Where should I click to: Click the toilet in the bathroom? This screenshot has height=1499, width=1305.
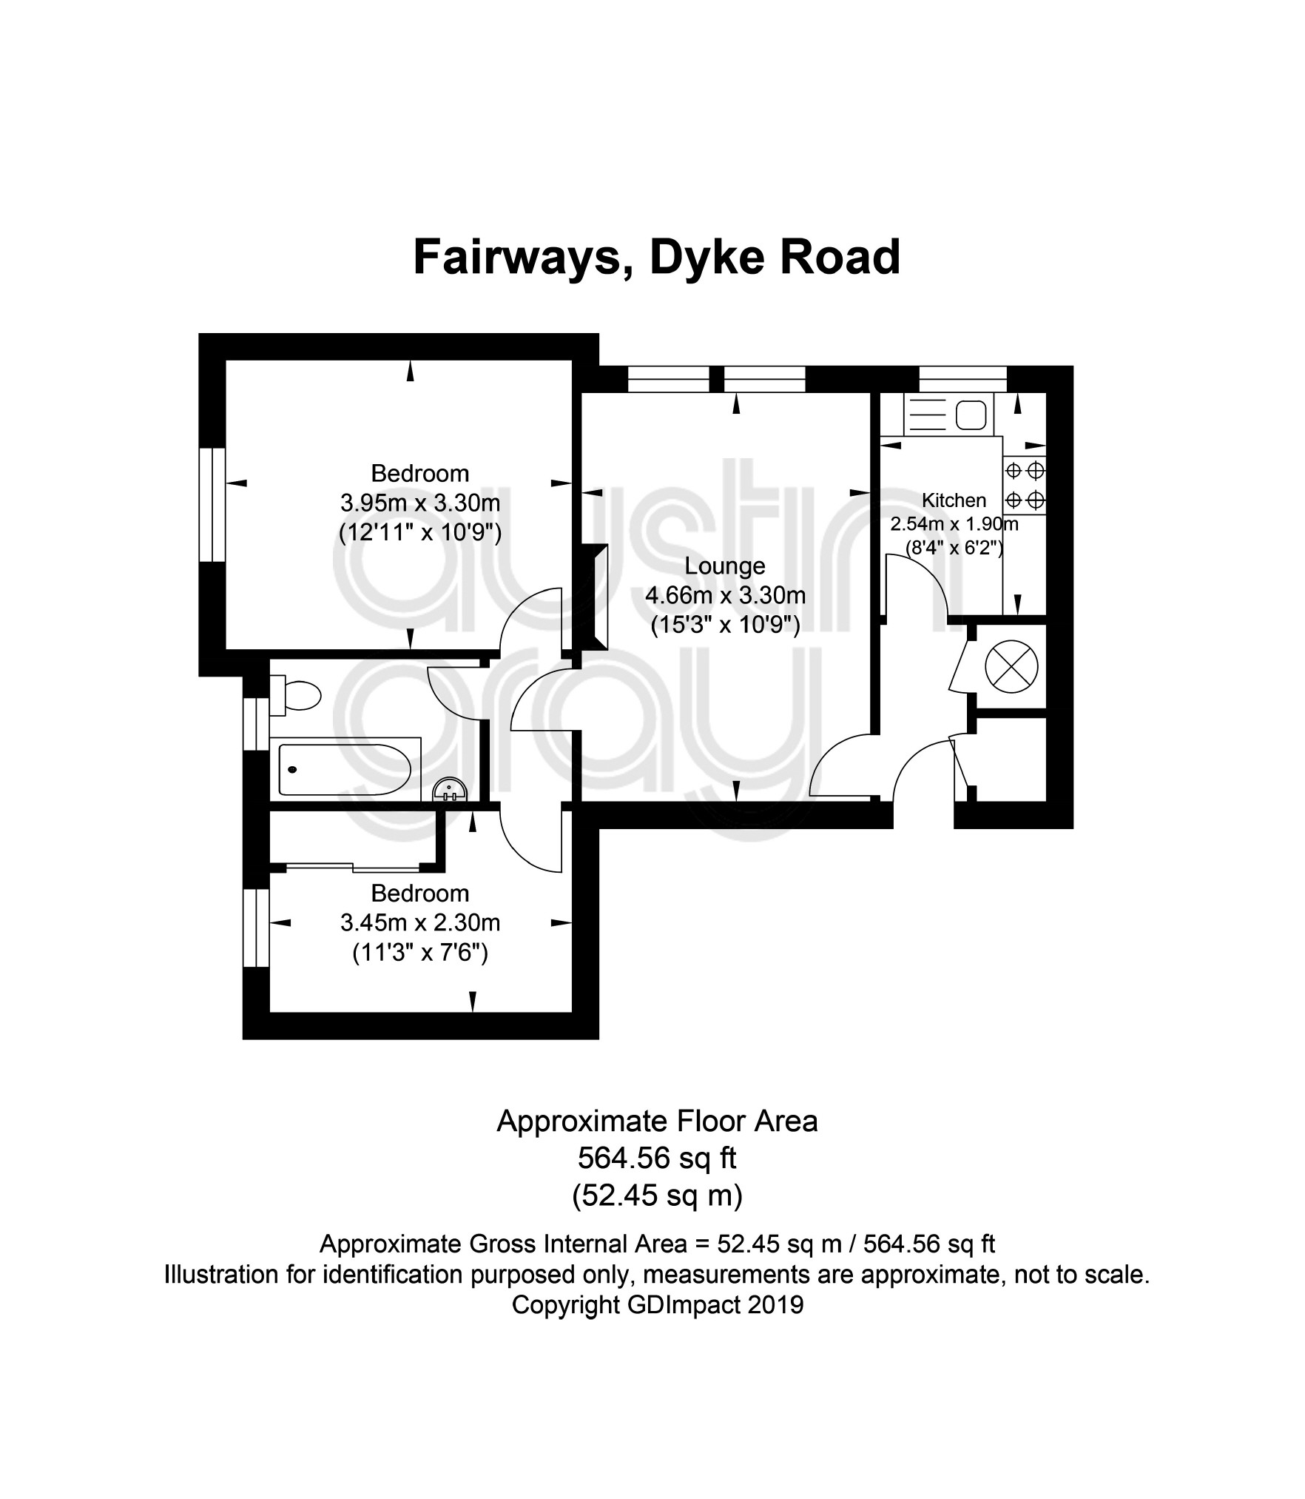click(295, 695)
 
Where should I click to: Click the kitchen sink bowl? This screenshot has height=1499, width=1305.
click(971, 415)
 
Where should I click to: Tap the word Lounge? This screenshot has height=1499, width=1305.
click(725, 566)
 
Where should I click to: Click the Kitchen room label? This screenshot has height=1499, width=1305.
click(954, 500)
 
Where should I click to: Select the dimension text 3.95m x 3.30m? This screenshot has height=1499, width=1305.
click(420, 503)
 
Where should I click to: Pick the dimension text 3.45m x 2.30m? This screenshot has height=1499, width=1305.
click(420, 923)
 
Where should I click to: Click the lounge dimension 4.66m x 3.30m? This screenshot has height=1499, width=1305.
click(726, 595)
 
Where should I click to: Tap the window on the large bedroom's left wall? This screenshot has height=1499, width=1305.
click(212, 504)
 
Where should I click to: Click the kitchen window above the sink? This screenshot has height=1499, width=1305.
click(963, 378)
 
